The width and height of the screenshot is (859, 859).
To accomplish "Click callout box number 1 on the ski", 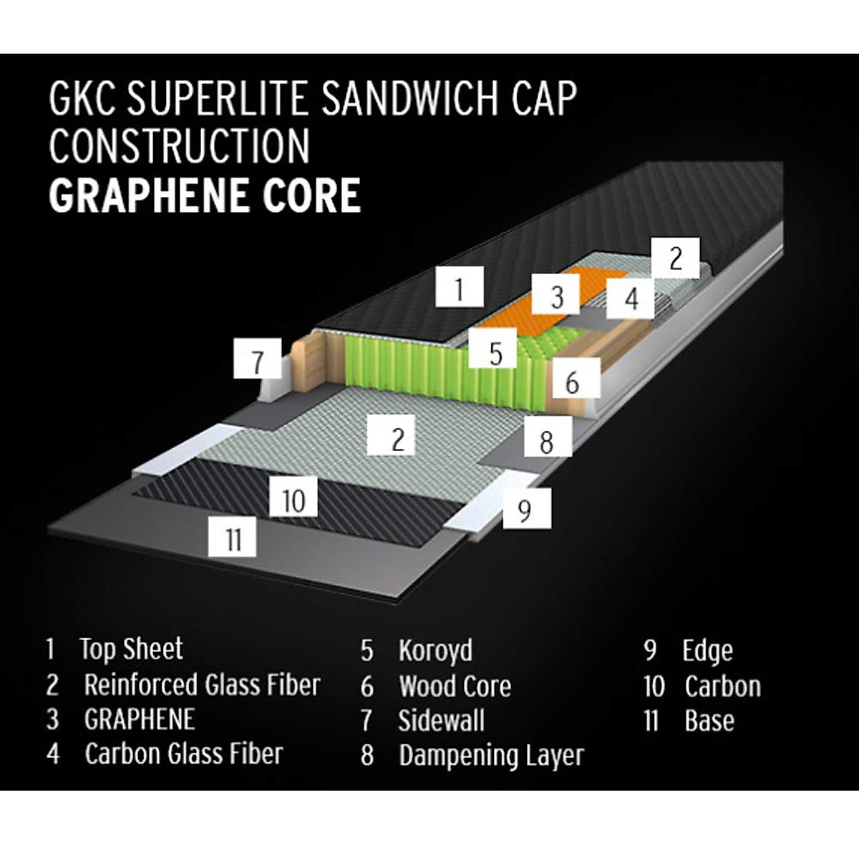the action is pyautogui.click(x=460, y=288).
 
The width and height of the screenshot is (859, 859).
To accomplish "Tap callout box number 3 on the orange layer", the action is pyautogui.click(x=558, y=296).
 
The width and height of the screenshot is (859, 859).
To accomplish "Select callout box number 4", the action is pyautogui.click(x=631, y=298).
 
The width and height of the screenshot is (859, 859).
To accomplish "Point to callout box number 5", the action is pyautogui.click(x=496, y=353).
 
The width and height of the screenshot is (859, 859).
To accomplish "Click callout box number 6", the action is pyautogui.click(x=571, y=382).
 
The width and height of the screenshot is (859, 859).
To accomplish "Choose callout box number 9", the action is pyautogui.click(x=526, y=510).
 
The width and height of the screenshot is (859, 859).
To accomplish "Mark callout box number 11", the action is pyautogui.click(x=233, y=538).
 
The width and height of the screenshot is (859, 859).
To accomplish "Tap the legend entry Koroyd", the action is pyautogui.click(x=435, y=651).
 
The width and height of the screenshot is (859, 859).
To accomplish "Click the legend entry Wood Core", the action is pyautogui.click(x=455, y=686).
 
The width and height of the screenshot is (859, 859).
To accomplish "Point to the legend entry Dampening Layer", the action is pyautogui.click(x=491, y=755).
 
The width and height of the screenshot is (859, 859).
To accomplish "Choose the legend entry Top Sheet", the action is pyautogui.click(x=131, y=649).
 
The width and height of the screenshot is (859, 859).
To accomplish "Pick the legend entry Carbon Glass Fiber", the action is pyautogui.click(x=183, y=753).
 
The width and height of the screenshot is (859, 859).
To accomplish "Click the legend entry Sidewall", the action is pyautogui.click(x=441, y=720).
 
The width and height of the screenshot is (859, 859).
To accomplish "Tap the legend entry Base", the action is pyautogui.click(x=709, y=720).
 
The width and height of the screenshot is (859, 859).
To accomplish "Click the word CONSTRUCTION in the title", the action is pyautogui.click(x=179, y=146).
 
